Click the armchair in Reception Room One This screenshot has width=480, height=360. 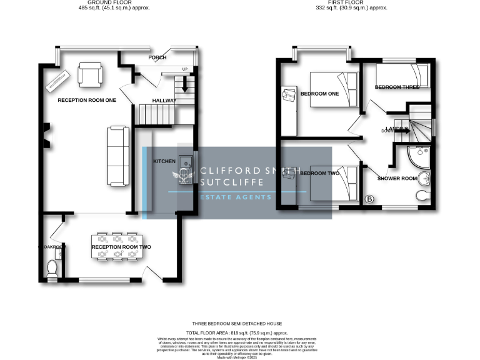pyautogui.click(x=89, y=76)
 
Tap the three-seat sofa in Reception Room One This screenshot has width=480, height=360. pyautogui.click(x=117, y=156)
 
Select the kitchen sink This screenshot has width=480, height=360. pyautogui.click(x=186, y=163)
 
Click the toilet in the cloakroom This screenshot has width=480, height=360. pyautogui.click(x=52, y=269)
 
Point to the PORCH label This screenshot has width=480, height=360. pyautogui.click(x=157, y=57)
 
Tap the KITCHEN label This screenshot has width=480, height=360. pyautogui.click(x=164, y=161)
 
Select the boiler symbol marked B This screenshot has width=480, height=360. pyautogui.click(x=369, y=199)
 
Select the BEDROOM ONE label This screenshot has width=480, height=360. pyautogui.click(x=319, y=94)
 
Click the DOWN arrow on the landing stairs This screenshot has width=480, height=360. pyautogui.click(x=401, y=130)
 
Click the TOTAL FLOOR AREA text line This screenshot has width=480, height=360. pyautogui.click(x=239, y=334)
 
